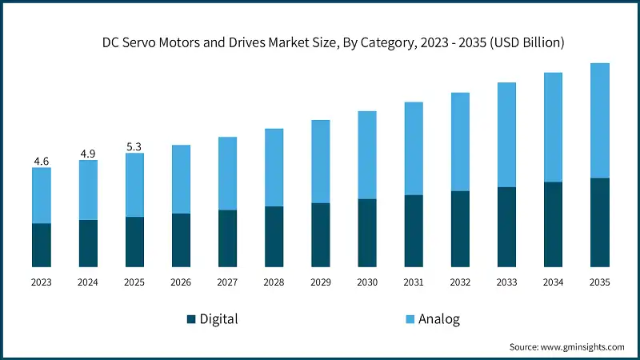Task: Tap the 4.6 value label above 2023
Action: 41,162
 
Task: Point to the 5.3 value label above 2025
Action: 134,146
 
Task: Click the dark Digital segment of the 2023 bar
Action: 41,245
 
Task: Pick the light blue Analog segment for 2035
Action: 599,120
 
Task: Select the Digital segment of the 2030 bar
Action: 367,233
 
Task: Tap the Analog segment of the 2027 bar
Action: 227,174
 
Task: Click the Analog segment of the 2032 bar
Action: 460,142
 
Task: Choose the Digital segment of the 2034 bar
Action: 553,224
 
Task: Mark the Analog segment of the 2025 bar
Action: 134,185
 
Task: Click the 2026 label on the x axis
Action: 181,282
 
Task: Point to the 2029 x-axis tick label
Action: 320,282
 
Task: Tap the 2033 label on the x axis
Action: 506,282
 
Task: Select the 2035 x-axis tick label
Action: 599,282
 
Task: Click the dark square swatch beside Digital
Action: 191,319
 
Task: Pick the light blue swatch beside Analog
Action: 409,319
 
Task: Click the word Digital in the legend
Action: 219,319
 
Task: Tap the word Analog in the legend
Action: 440,319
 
